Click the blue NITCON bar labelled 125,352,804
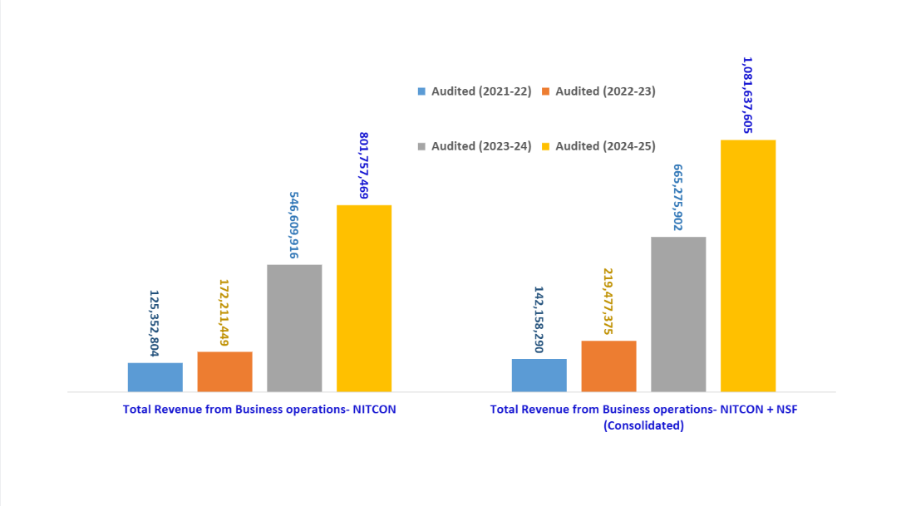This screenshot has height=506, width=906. (x=155, y=377)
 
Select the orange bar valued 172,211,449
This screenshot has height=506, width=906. (x=224, y=371)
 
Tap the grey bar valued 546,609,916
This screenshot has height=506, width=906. (x=294, y=328)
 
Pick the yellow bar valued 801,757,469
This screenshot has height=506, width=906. (x=364, y=298)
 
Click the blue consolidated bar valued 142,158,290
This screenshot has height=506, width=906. (x=539, y=375)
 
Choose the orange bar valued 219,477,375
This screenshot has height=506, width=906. (x=608, y=366)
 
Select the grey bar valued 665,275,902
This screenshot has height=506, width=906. (x=678, y=314)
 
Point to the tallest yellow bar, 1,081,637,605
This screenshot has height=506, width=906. (x=748, y=266)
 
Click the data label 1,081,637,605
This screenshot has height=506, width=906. (x=747, y=95)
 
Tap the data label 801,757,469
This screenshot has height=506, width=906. (x=364, y=165)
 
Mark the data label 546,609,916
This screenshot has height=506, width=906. (x=294, y=225)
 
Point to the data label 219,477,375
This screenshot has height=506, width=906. (x=608, y=302)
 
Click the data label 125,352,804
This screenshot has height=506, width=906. (x=155, y=323)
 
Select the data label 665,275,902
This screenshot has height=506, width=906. (x=678, y=197)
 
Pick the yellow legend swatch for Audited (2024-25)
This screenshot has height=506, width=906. (x=546, y=146)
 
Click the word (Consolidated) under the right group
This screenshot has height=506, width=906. (x=643, y=425)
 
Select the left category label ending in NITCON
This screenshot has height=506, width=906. (x=259, y=409)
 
